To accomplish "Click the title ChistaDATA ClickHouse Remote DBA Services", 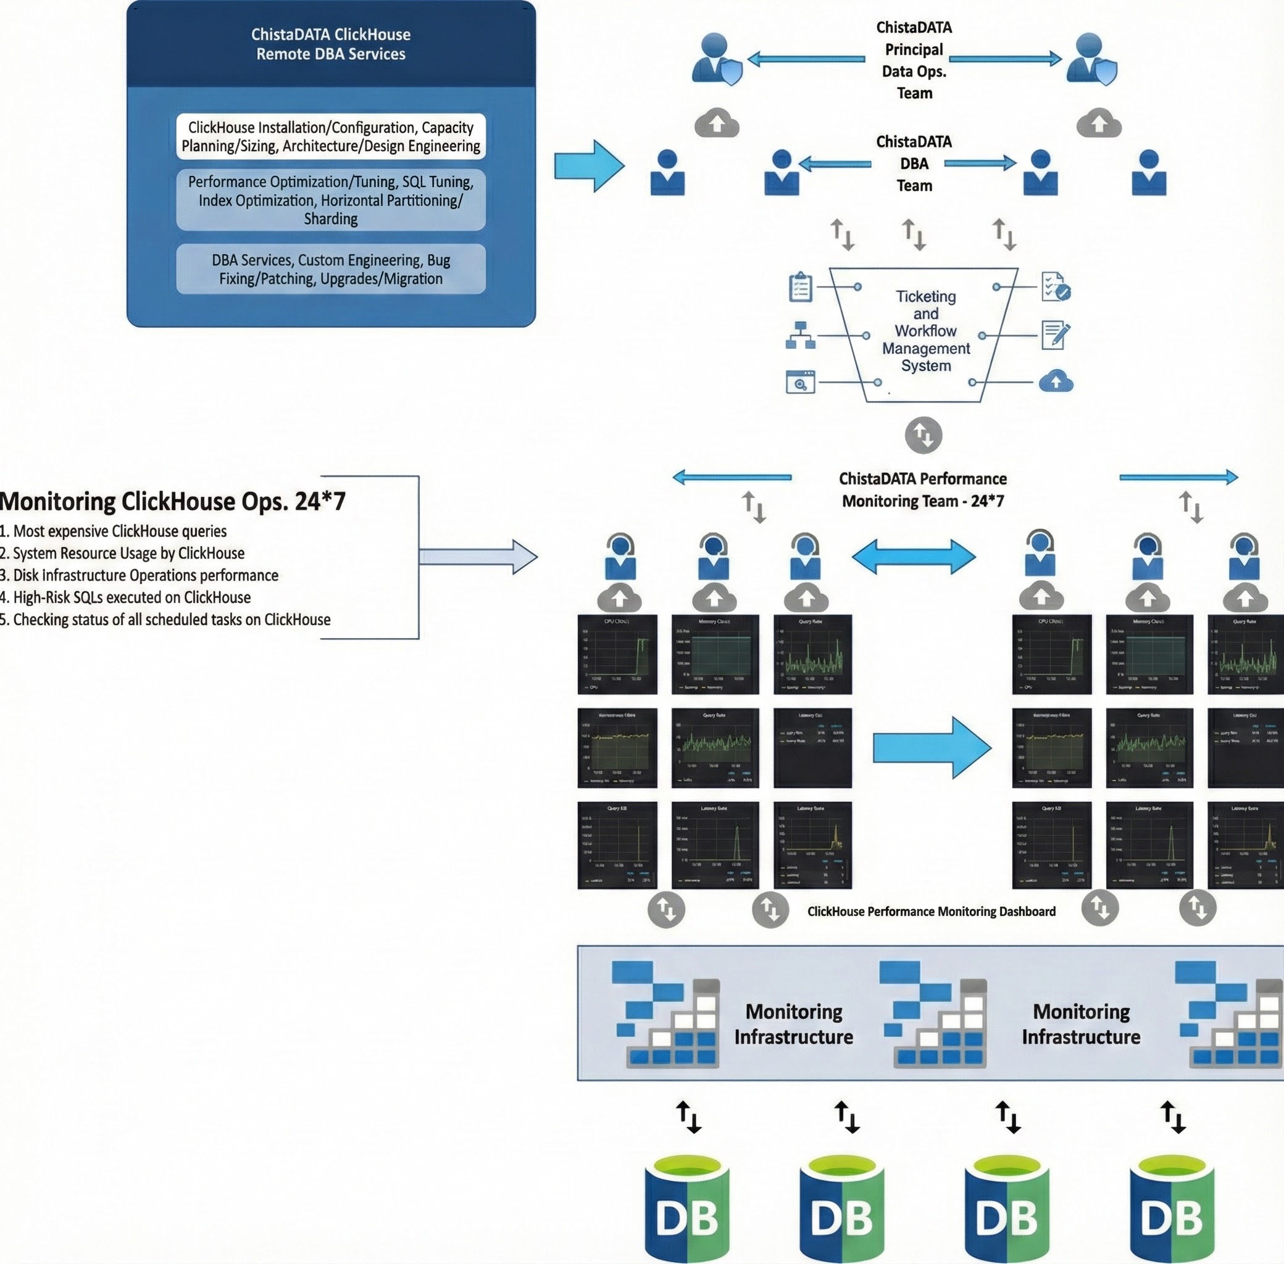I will click(331, 44).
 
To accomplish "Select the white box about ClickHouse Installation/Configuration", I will click(331, 136).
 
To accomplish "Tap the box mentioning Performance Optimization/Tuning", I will click(331, 200).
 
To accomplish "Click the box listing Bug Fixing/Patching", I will click(331, 269).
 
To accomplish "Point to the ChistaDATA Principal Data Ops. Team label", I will click(914, 60).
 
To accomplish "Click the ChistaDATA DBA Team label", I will click(914, 164).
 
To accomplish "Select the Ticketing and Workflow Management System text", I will click(925, 331).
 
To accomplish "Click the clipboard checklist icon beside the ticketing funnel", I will click(800, 288).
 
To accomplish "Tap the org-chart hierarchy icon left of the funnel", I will click(800, 335).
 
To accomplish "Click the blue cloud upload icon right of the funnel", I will click(1055, 381).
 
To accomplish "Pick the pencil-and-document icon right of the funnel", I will click(1055, 335).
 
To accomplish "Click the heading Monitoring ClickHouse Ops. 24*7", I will click(173, 501).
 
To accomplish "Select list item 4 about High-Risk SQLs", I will click(126, 597).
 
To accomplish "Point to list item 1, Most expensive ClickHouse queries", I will click(114, 531).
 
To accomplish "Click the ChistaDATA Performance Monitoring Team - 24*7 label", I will click(923, 489).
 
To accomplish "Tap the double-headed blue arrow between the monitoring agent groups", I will click(914, 556).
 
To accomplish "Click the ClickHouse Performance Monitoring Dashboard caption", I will click(931, 912).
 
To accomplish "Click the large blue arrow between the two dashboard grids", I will click(932, 747).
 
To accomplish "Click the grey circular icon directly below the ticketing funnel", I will click(923, 436).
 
